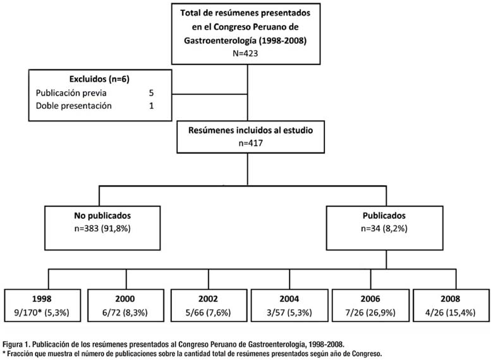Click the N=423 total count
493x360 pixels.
click(x=245, y=53)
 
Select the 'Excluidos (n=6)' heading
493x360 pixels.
click(x=99, y=79)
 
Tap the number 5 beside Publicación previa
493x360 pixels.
click(x=151, y=93)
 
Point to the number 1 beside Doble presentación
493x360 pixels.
click(x=152, y=106)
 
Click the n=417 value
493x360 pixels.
click(x=250, y=143)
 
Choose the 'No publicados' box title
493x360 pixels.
click(x=102, y=216)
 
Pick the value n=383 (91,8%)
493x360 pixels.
click(x=102, y=228)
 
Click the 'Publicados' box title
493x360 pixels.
click(x=384, y=216)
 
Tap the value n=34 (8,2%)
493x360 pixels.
click(x=384, y=228)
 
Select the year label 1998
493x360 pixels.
click(x=42, y=299)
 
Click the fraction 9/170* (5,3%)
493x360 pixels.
click(x=42, y=313)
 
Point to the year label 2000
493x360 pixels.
click(x=125, y=299)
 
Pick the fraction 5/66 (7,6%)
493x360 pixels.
click(x=208, y=313)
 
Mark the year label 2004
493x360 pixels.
click(x=289, y=299)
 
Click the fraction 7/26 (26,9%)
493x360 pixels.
click(x=370, y=313)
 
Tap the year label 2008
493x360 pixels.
click(x=450, y=299)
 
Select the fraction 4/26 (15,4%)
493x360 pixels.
click(x=450, y=313)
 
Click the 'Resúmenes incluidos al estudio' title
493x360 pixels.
click(x=250, y=130)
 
